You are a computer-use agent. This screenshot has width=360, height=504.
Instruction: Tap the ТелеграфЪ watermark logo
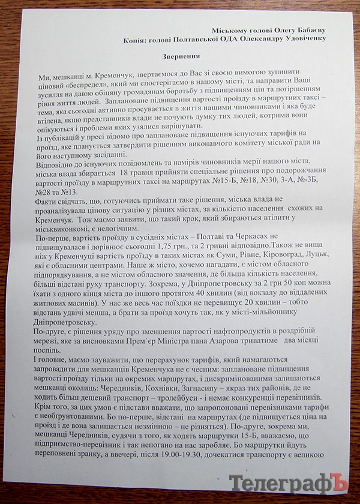291,482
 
